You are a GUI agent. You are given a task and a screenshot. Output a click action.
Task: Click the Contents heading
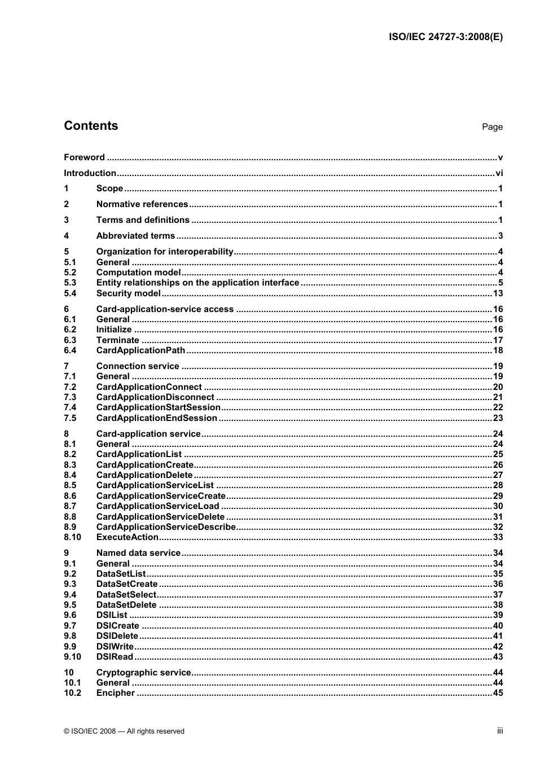[91, 126]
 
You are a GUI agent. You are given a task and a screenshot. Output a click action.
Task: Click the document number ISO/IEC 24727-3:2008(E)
[445, 37]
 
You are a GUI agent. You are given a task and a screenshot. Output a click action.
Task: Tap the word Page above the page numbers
[492, 127]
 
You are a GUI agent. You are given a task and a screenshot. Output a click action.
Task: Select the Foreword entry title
[84, 157]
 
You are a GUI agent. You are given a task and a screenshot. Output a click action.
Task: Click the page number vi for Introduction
[499, 173]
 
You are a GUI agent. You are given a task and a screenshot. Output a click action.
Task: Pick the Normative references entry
[142, 204]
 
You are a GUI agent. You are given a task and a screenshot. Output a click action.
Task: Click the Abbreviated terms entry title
[135, 236]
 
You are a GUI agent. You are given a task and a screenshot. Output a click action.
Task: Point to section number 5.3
[70, 283]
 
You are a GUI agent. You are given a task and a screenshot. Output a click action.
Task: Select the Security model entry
[129, 293]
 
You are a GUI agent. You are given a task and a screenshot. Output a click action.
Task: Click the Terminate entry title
[117, 340]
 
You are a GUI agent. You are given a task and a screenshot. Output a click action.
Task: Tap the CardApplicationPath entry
[140, 350]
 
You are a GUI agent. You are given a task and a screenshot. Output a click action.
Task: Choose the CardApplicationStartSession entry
[159, 407]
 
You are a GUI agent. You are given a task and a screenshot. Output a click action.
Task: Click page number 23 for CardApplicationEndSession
[498, 418]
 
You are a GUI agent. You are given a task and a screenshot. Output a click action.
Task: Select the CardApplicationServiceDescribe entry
[166, 527]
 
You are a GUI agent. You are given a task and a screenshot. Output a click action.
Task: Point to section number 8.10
[72, 537]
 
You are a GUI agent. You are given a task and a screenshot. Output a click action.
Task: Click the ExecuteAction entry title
[128, 537]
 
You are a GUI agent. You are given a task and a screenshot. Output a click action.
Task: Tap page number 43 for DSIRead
[498, 657]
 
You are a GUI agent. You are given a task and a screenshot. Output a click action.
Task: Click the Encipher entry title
[116, 693]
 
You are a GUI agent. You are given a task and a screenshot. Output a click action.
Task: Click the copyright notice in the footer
[124, 731]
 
